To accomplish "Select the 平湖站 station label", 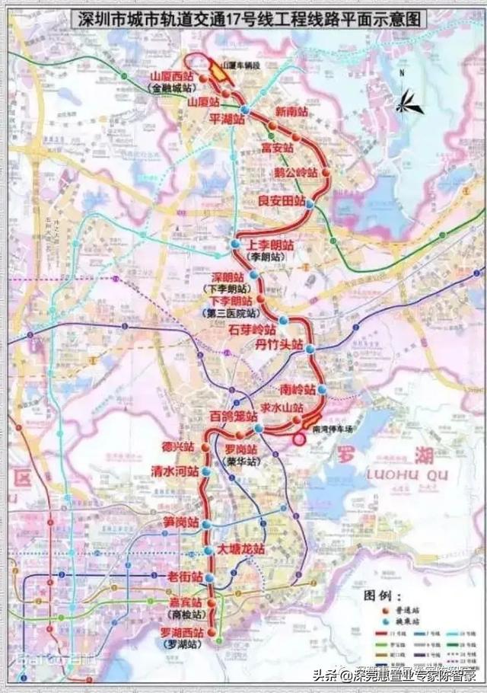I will [227, 119].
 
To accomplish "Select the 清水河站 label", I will [174, 471].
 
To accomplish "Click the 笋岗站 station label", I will [180, 523].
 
